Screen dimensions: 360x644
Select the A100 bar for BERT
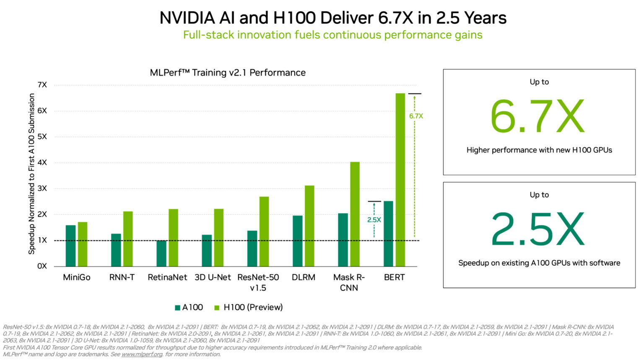[388, 234]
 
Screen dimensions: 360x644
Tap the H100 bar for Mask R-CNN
[355, 214]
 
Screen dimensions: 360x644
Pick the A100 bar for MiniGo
[70, 246]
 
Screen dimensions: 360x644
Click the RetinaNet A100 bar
[161, 253]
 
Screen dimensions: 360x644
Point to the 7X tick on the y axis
[42, 85]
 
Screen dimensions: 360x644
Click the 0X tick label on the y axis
[42, 266]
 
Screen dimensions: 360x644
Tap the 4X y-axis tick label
[42, 162]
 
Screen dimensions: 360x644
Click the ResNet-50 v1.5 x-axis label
[258, 282]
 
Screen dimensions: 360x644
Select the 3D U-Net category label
[213, 277]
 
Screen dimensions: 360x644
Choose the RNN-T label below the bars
[122, 277]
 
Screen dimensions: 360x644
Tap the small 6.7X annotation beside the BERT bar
[416, 116]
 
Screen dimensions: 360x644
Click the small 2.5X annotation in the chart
[374, 219]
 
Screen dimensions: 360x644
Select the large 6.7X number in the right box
[537, 117]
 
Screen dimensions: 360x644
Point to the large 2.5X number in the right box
[537, 230]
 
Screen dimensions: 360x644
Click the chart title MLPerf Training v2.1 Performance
[228, 73]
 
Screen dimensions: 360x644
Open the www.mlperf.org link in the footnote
[142, 355]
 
